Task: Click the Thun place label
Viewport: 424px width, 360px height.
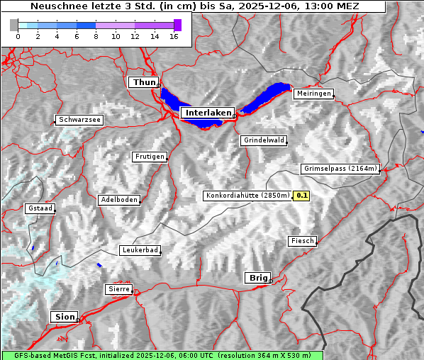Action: [144, 83]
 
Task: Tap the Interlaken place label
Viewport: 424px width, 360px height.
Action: [208, 113]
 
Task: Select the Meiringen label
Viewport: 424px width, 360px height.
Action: [313, 94]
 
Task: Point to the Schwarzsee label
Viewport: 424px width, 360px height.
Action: [79, 120]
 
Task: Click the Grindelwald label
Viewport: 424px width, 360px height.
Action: [264, 140]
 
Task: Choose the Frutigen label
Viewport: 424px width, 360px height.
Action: [149, 157]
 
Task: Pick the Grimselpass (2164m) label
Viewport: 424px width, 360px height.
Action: [340, 169]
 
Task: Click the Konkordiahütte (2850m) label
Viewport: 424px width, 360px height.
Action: [247, 196]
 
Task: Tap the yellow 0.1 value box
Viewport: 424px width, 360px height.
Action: [302, 196]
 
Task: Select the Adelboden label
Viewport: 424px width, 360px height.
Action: [118, 200]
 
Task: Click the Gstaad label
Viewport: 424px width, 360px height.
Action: [40, 208]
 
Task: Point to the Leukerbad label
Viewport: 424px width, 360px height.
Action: [140, 250]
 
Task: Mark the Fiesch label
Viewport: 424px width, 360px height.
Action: [302, 241]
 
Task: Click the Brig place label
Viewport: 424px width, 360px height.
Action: [257, 278]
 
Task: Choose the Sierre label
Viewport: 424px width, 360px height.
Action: [118, 289]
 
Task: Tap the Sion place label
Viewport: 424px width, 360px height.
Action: [63, 317]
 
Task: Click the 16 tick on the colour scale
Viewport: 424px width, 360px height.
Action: [174, 37]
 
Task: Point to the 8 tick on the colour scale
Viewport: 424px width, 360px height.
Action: [96, 37]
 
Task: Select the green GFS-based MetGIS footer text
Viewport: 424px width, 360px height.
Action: [162, 355]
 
